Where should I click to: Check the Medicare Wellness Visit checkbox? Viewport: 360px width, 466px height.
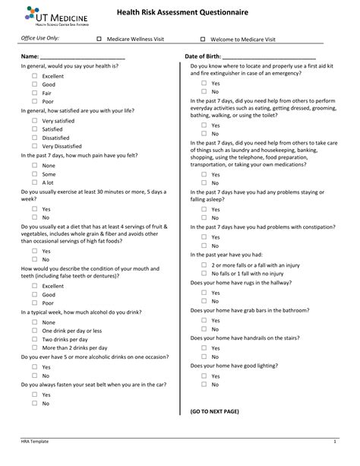pos(99,39)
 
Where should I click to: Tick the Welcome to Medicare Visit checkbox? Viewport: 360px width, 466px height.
pos(203,39)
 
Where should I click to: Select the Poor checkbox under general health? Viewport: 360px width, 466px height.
pos(35,101)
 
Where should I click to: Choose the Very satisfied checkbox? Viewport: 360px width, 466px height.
pos(35,121)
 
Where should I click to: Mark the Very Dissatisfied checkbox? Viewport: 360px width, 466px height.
pos(35,146)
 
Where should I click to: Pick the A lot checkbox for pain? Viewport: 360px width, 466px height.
pos(35,182)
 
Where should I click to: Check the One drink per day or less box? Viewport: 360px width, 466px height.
pos(35,331)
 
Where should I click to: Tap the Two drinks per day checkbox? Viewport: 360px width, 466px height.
pos(35,339)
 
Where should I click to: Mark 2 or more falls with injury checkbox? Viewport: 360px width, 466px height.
pos(204,265)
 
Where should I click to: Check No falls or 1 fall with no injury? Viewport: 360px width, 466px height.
pos(204,273)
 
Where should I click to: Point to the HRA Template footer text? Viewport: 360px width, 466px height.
pos(35,442)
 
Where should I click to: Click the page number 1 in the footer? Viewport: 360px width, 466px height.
pos(334,442)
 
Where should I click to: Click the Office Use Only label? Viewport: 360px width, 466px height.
pos(39,38)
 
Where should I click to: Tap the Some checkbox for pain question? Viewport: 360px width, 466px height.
pos(35,174)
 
